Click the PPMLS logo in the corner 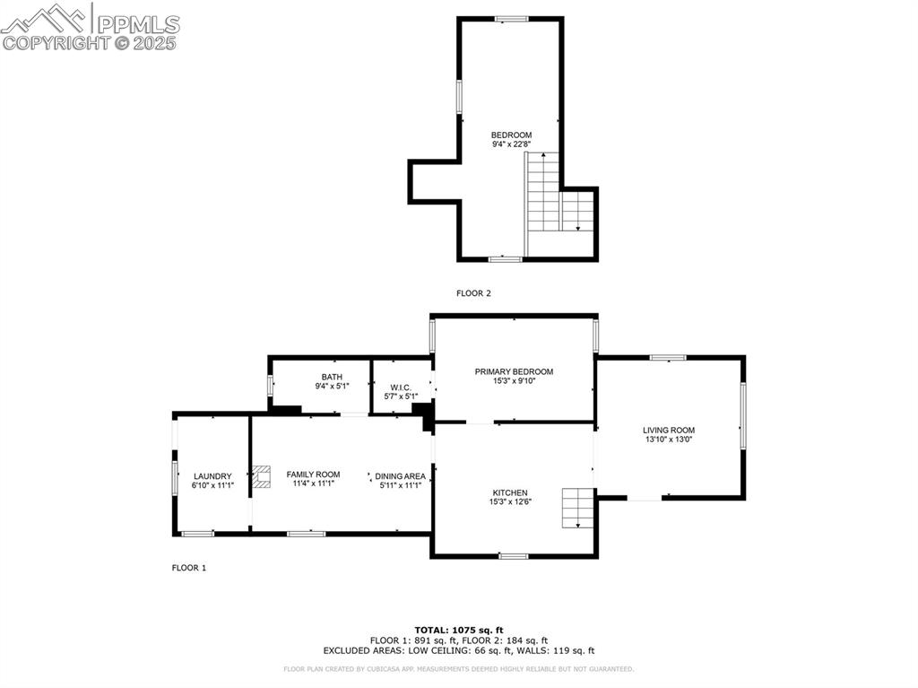(90, 27)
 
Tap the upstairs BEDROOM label (511, 135)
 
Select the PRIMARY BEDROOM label (514, 371)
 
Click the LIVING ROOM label (669, 430)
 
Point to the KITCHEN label (509, 492)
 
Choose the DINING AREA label (400, 475)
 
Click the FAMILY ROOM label (313, 474)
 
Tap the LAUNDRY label (212, 476)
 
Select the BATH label (332, 377)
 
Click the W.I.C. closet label (401, 387)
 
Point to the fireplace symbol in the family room (262, 476)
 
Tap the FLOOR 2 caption (473, 292)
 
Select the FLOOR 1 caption (189, 567)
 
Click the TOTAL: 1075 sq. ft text (459, 629)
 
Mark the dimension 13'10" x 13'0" (669, 440)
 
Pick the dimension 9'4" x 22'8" (511, 144)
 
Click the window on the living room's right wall (741, 415)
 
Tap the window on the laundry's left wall (175, 475)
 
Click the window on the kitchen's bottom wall (513, 556)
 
